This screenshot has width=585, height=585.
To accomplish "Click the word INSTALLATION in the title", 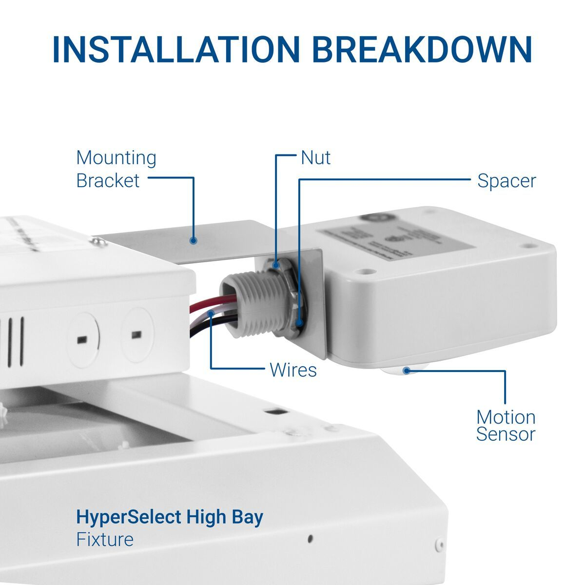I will click(175, 49).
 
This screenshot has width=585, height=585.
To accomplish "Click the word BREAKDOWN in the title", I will click(422, 49).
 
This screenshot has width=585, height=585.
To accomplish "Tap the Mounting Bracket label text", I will click(116, 169).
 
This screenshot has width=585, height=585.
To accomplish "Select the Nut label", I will click(315, 158).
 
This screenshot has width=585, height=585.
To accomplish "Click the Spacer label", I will click(506, 181).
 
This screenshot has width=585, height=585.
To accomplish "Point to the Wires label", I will click(293, 370).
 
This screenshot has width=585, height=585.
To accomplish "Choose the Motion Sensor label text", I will click(506, 426).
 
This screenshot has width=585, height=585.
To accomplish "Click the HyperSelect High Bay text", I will click(170, 517).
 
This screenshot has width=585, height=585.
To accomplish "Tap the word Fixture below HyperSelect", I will click(105, 540).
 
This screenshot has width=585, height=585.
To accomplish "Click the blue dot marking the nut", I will click(276, 266).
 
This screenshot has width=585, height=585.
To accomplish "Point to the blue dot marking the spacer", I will click(299, 322).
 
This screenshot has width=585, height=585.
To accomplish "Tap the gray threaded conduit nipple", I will click(249, 305).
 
